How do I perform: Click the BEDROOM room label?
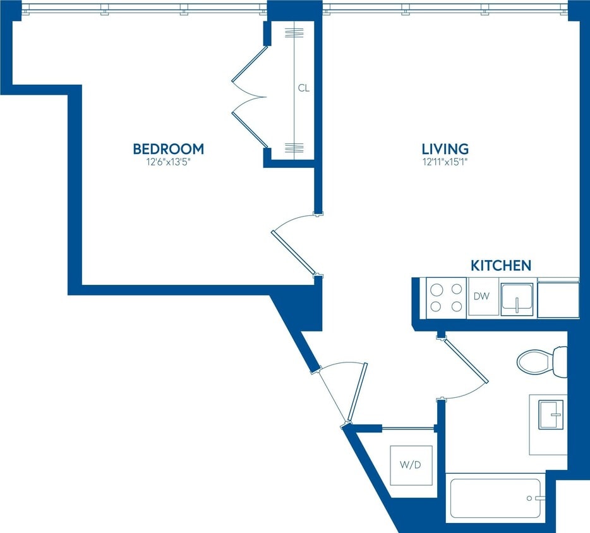(168, 149)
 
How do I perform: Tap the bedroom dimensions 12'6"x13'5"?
(168, 162)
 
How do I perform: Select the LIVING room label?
(445, 149)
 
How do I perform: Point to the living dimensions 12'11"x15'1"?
(445, 162)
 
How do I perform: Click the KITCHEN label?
(500, 265)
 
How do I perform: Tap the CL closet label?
(304, 88)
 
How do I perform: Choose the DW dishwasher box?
(482, 296)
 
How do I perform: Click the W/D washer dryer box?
(411, 465)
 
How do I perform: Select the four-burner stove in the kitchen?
(446, 297)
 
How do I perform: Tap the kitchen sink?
(517, 299)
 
